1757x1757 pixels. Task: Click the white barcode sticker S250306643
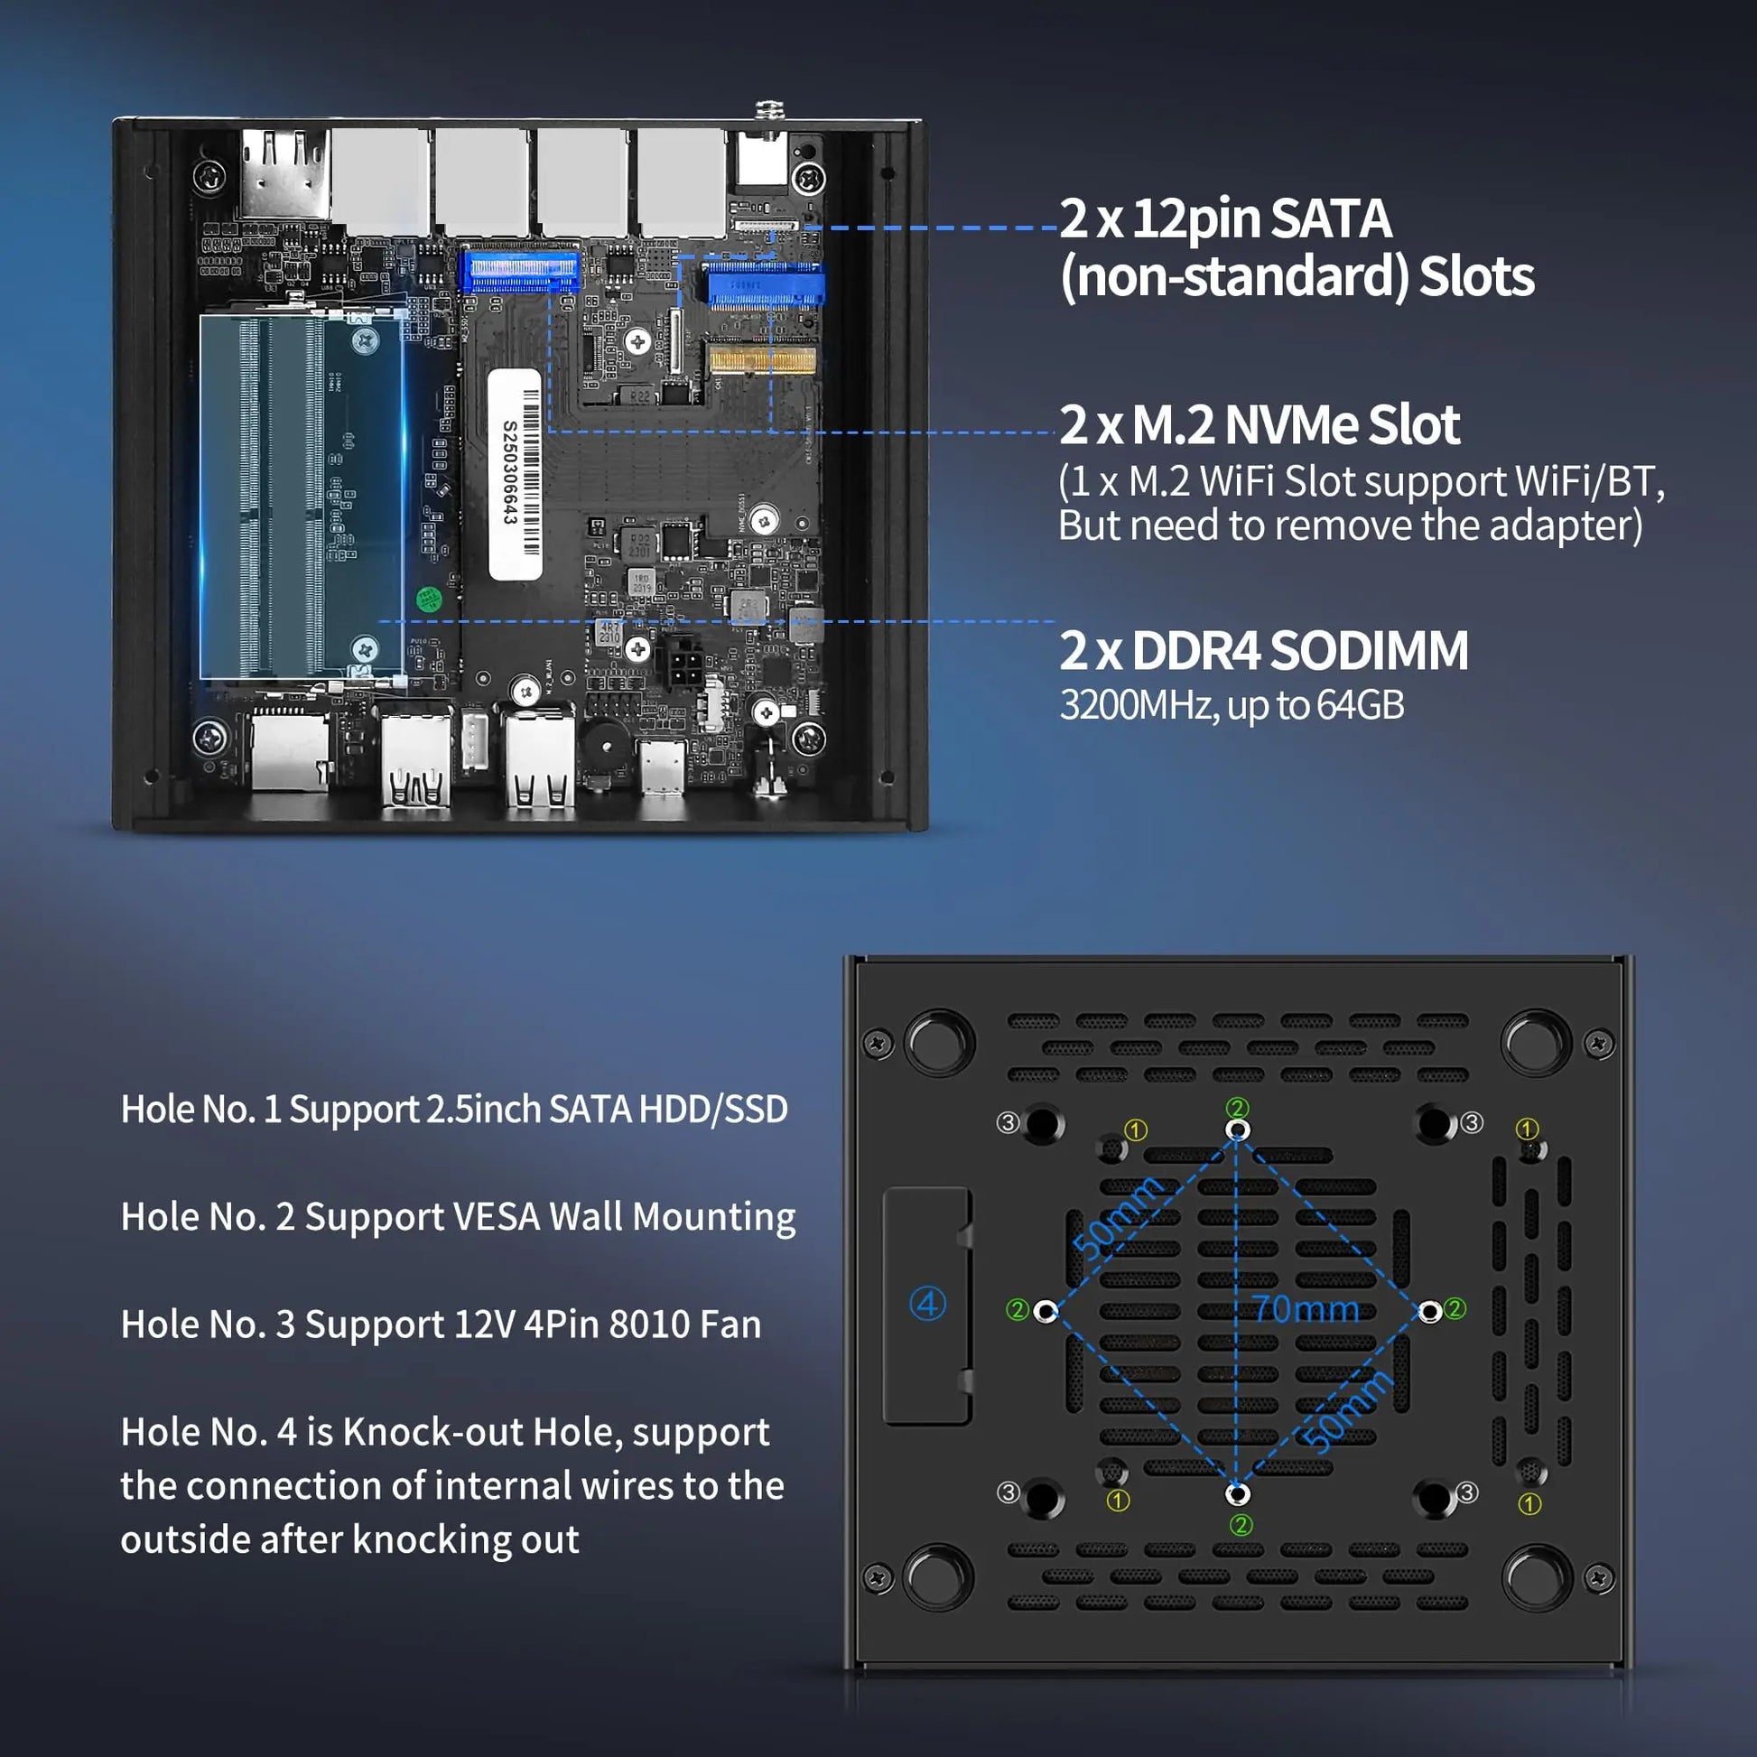pyautogui.click(x=515, y=474)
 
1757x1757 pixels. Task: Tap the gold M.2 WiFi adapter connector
pyautogui.click(x=762, y=360)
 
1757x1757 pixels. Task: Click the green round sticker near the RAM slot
pyautogui.click(x=428, y=600)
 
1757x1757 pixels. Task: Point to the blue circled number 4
pyautogui.click(x=927, y=1304)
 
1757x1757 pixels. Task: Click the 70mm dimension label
pyautogui.click(x=1306, y=1309)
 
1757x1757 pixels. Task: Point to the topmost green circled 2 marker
pyautogui.click(x=1238, y=1108)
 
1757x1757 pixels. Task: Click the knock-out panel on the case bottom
pyautogui.click(x=926, y=1306)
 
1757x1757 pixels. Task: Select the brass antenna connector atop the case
pyautogui.click(x=769, y=111)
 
